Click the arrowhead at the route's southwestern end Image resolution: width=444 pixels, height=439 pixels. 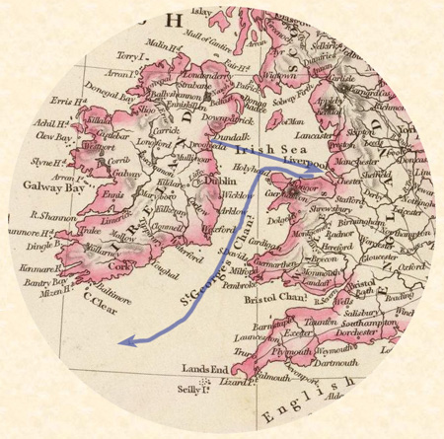pyautogui.click(x=121, y=341)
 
